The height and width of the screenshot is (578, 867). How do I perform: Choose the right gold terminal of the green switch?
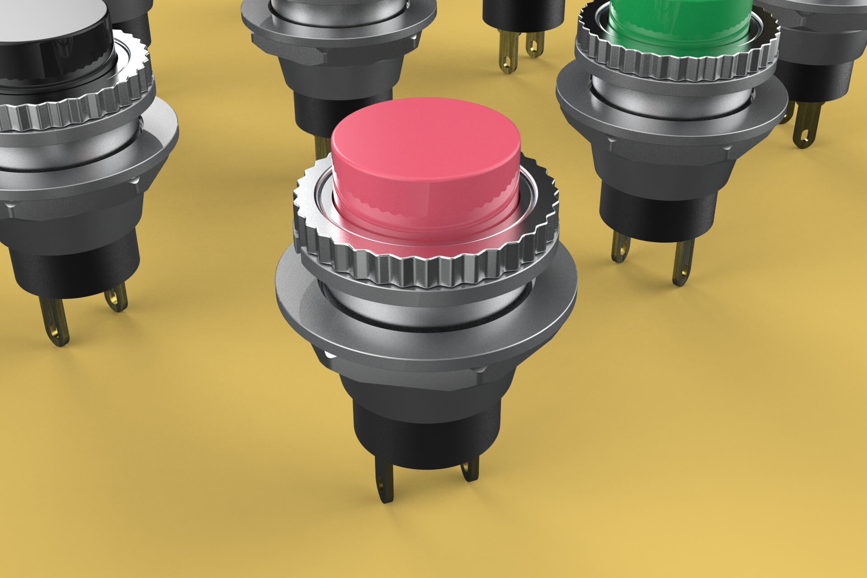pos(682,264)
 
